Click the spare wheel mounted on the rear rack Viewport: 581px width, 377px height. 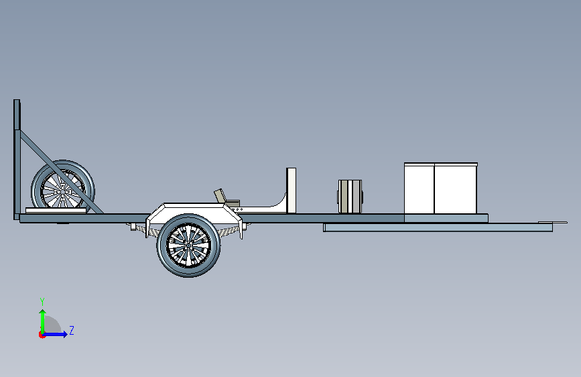click(62, 186)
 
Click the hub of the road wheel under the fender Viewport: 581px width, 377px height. click(188, 245)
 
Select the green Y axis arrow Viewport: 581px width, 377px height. click(42, 319)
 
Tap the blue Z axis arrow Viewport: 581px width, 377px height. click(58, 334)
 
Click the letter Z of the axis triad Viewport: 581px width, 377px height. click(71, 331)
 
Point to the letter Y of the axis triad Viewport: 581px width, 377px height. click(42, 301)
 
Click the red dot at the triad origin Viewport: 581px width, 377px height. click(42, 334)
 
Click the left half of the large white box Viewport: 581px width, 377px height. click(419, 188)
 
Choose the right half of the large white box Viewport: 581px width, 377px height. click(456, 188)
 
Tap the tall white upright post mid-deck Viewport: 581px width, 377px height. click(292, 189)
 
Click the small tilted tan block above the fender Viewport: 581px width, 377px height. click(220, 196)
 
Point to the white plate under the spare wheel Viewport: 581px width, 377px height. click(56, 211)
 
